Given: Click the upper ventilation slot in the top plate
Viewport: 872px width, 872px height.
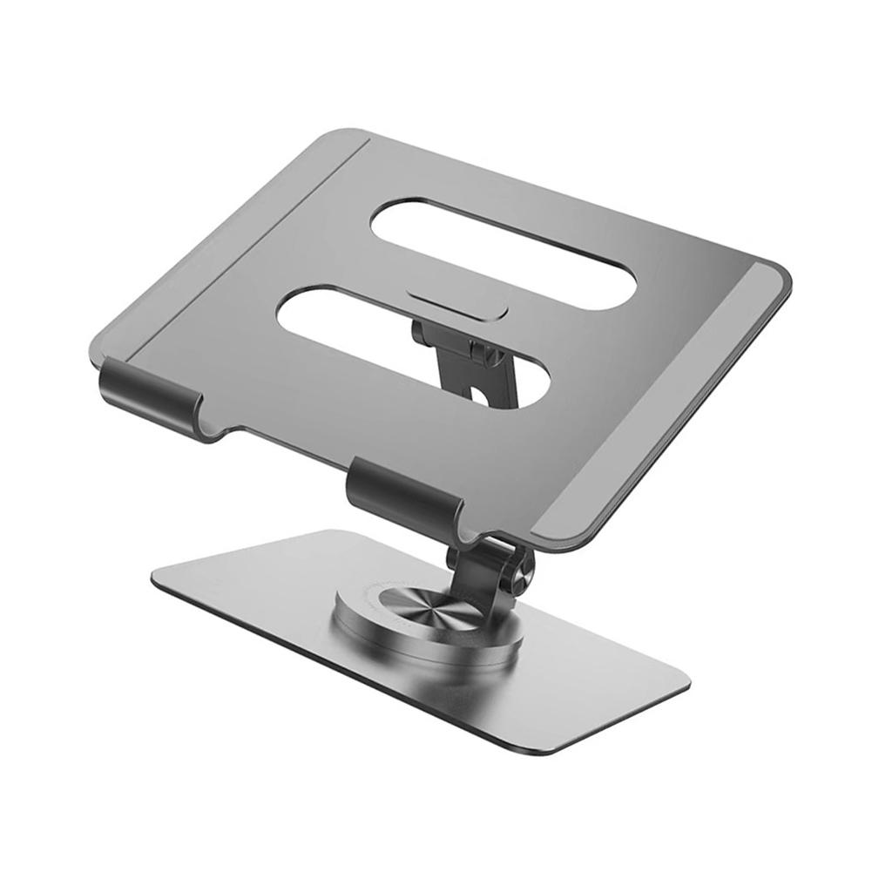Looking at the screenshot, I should point(504,253).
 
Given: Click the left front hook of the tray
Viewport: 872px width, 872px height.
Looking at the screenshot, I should point(148,396).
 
